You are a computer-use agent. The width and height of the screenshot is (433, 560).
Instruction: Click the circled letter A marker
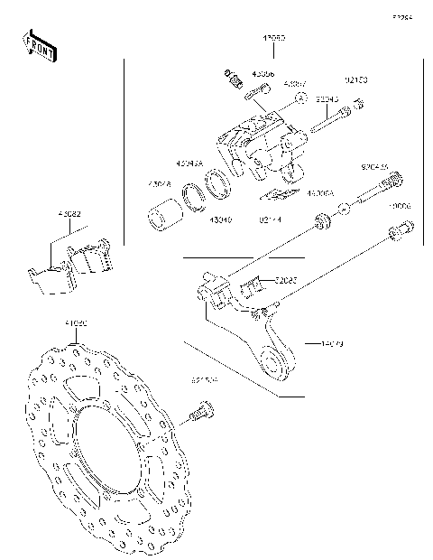302,97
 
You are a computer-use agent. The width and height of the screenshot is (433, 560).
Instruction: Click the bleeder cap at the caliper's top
228,75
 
